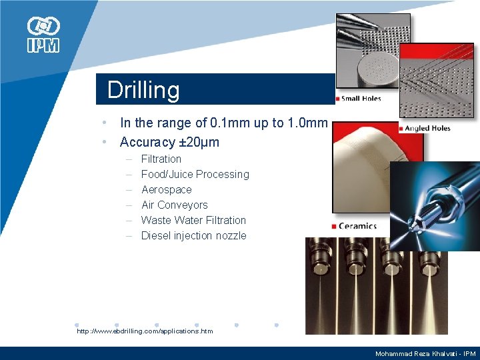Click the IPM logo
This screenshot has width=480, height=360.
(x=43, y=35)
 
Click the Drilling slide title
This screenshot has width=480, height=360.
(x=143, y=90)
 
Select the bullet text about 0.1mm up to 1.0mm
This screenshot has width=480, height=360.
(x=223, y=123)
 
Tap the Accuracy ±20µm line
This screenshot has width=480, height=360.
(x=169, y=142)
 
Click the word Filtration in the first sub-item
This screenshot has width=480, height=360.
(x=161, y=159)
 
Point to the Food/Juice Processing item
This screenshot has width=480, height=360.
(x=195, y=174)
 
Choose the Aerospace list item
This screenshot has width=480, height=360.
(x=166, y=189)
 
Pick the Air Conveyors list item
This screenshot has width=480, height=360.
(x=175, y=205)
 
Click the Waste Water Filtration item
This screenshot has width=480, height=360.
(x=193, y=220)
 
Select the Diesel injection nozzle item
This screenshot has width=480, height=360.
(x=193, y=235)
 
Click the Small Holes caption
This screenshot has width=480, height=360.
(x=361, y=99)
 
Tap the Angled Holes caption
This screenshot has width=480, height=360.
(x=427, y=128)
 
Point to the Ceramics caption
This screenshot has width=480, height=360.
(x=357, y=226)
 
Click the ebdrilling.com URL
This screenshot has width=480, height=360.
(x=145, y=331)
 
